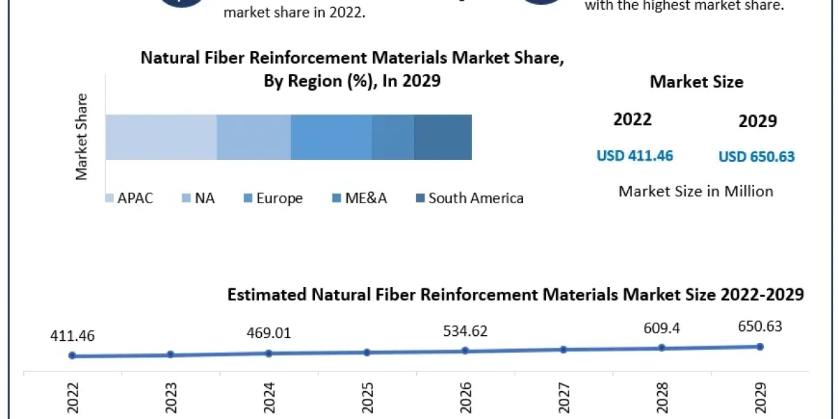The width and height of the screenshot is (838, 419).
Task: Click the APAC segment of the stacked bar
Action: click(x=161, y=137)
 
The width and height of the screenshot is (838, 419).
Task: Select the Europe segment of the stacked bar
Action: click(x=331, y=137)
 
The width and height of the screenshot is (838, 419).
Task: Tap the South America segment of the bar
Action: click(x=443, y=137)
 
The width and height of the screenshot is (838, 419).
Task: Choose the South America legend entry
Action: click(x=469, y=198)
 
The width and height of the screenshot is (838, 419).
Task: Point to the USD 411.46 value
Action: click(x=635, y=156)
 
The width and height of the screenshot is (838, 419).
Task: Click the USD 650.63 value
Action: click(x=757, y=156)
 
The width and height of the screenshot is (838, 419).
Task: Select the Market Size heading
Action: click(x=696, y=82)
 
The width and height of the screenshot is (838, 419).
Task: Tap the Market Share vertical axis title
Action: click(x=82, y=137)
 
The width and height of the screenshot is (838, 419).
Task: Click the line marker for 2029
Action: click(x=760, y=346)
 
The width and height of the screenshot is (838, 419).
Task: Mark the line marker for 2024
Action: click(x=269, y=353)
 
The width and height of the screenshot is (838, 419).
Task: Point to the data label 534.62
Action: click(x=465, y=331)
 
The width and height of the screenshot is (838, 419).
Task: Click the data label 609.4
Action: click(x=662, y=328)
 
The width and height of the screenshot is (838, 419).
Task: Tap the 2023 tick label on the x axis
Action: click(x=170, y=398)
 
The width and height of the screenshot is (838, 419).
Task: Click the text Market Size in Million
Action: click(x=696, y=191)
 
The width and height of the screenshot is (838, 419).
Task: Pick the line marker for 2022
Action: click(x=72, y=355)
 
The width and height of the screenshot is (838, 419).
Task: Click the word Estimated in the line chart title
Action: click(x=266, y=295)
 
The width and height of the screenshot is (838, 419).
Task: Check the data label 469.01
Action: click(x=269, y=333)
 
